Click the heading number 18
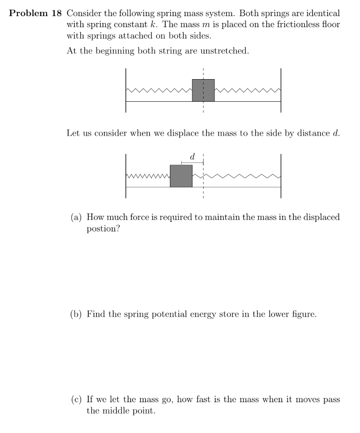[56, 13]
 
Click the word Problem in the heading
[28, 13]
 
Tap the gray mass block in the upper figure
[203, 90]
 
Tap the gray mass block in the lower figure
[181, 176]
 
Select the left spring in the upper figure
[159, 90]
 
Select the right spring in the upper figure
[247, 90]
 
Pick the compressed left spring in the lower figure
[148, 176]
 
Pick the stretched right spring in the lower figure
[236, 176]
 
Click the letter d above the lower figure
[192, 157]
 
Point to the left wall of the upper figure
[126, 90]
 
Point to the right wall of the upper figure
[280, 90]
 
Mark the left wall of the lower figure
[126, 176]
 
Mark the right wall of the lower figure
[280, 176]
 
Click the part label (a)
[76, 217]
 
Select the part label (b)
[76, 315]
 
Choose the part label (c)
[76, 399]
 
